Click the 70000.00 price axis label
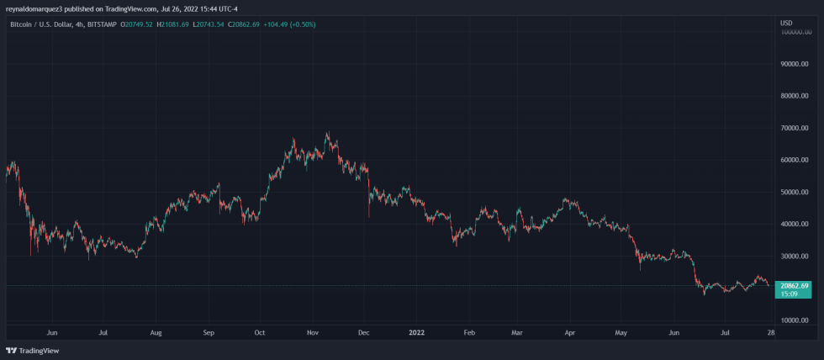click(795, 128)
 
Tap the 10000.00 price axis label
click(795, 320)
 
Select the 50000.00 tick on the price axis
click(795, 192)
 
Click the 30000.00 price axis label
click(795, 256)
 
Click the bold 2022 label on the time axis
click(416, 333)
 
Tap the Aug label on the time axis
click(156, 333)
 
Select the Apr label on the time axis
click(571, 333)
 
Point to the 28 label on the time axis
click(771, 333)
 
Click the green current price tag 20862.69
click(794, 286)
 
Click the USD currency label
click(786, 23)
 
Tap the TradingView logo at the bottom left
click(26, 351)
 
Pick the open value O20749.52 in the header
click(136, 24)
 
